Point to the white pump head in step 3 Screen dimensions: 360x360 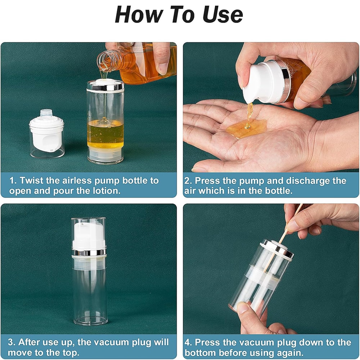(x=88, y=236)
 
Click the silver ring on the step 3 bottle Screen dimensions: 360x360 (x=89, y=252)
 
